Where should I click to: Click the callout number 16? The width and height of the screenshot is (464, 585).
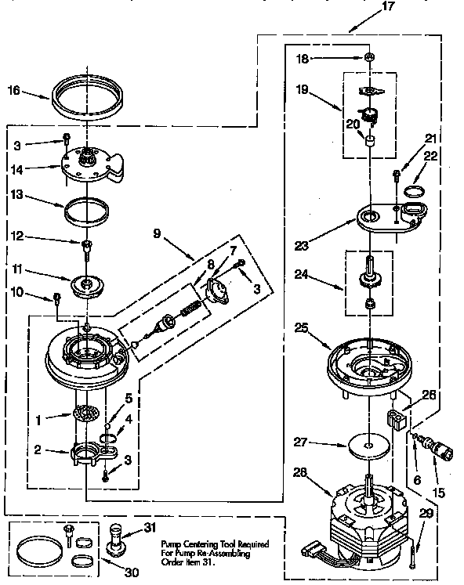14,89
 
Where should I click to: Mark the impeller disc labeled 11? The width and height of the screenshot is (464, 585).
87,284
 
